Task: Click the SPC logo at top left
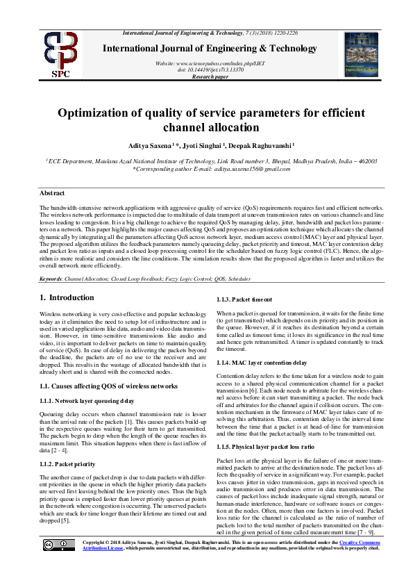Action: coord(61,54)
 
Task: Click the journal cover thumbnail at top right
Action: coord(359,54)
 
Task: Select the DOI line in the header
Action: coord(210,69)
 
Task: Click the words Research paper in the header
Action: coord(210,76)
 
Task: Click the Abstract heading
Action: coord(52,193)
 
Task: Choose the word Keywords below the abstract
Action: coord(51,277)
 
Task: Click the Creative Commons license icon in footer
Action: coord(59,563)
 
